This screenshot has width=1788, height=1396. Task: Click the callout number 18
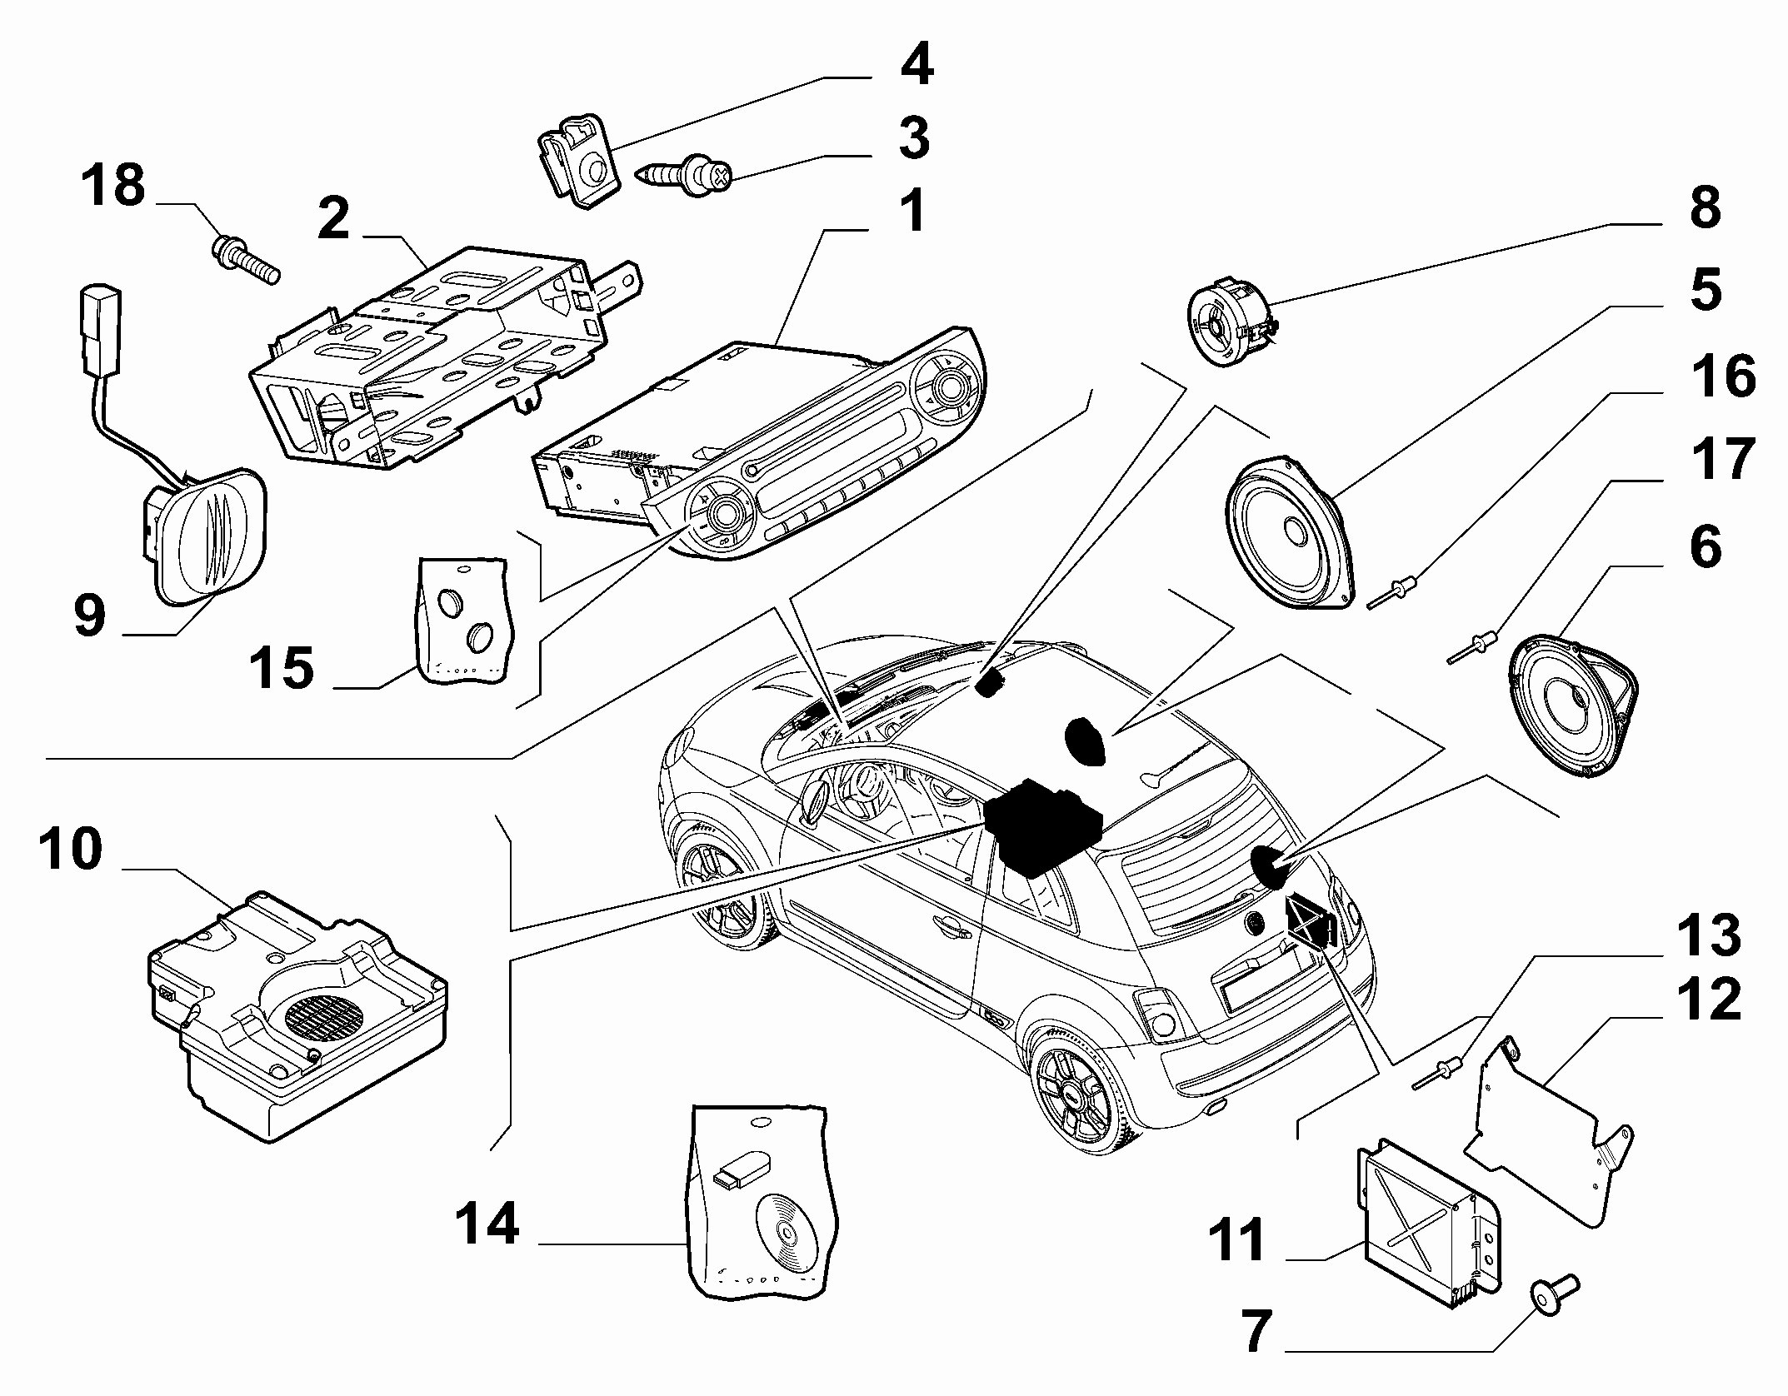click(x=113, y=186)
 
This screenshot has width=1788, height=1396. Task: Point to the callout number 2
click(x=334, y=218)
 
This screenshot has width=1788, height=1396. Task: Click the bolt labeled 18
click(x=247, y=258)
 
